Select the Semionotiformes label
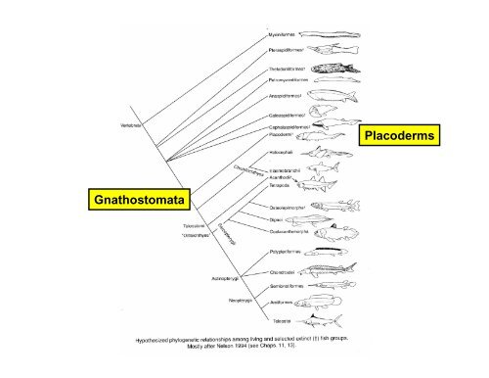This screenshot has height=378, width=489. click(x=289, y=286)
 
